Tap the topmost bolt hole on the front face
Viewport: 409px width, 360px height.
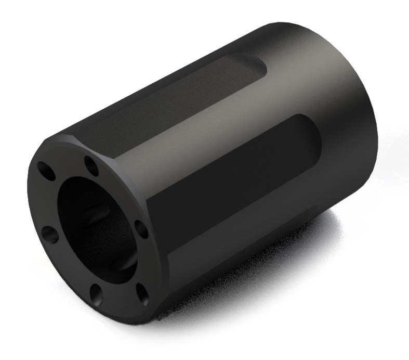pos(92,165)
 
